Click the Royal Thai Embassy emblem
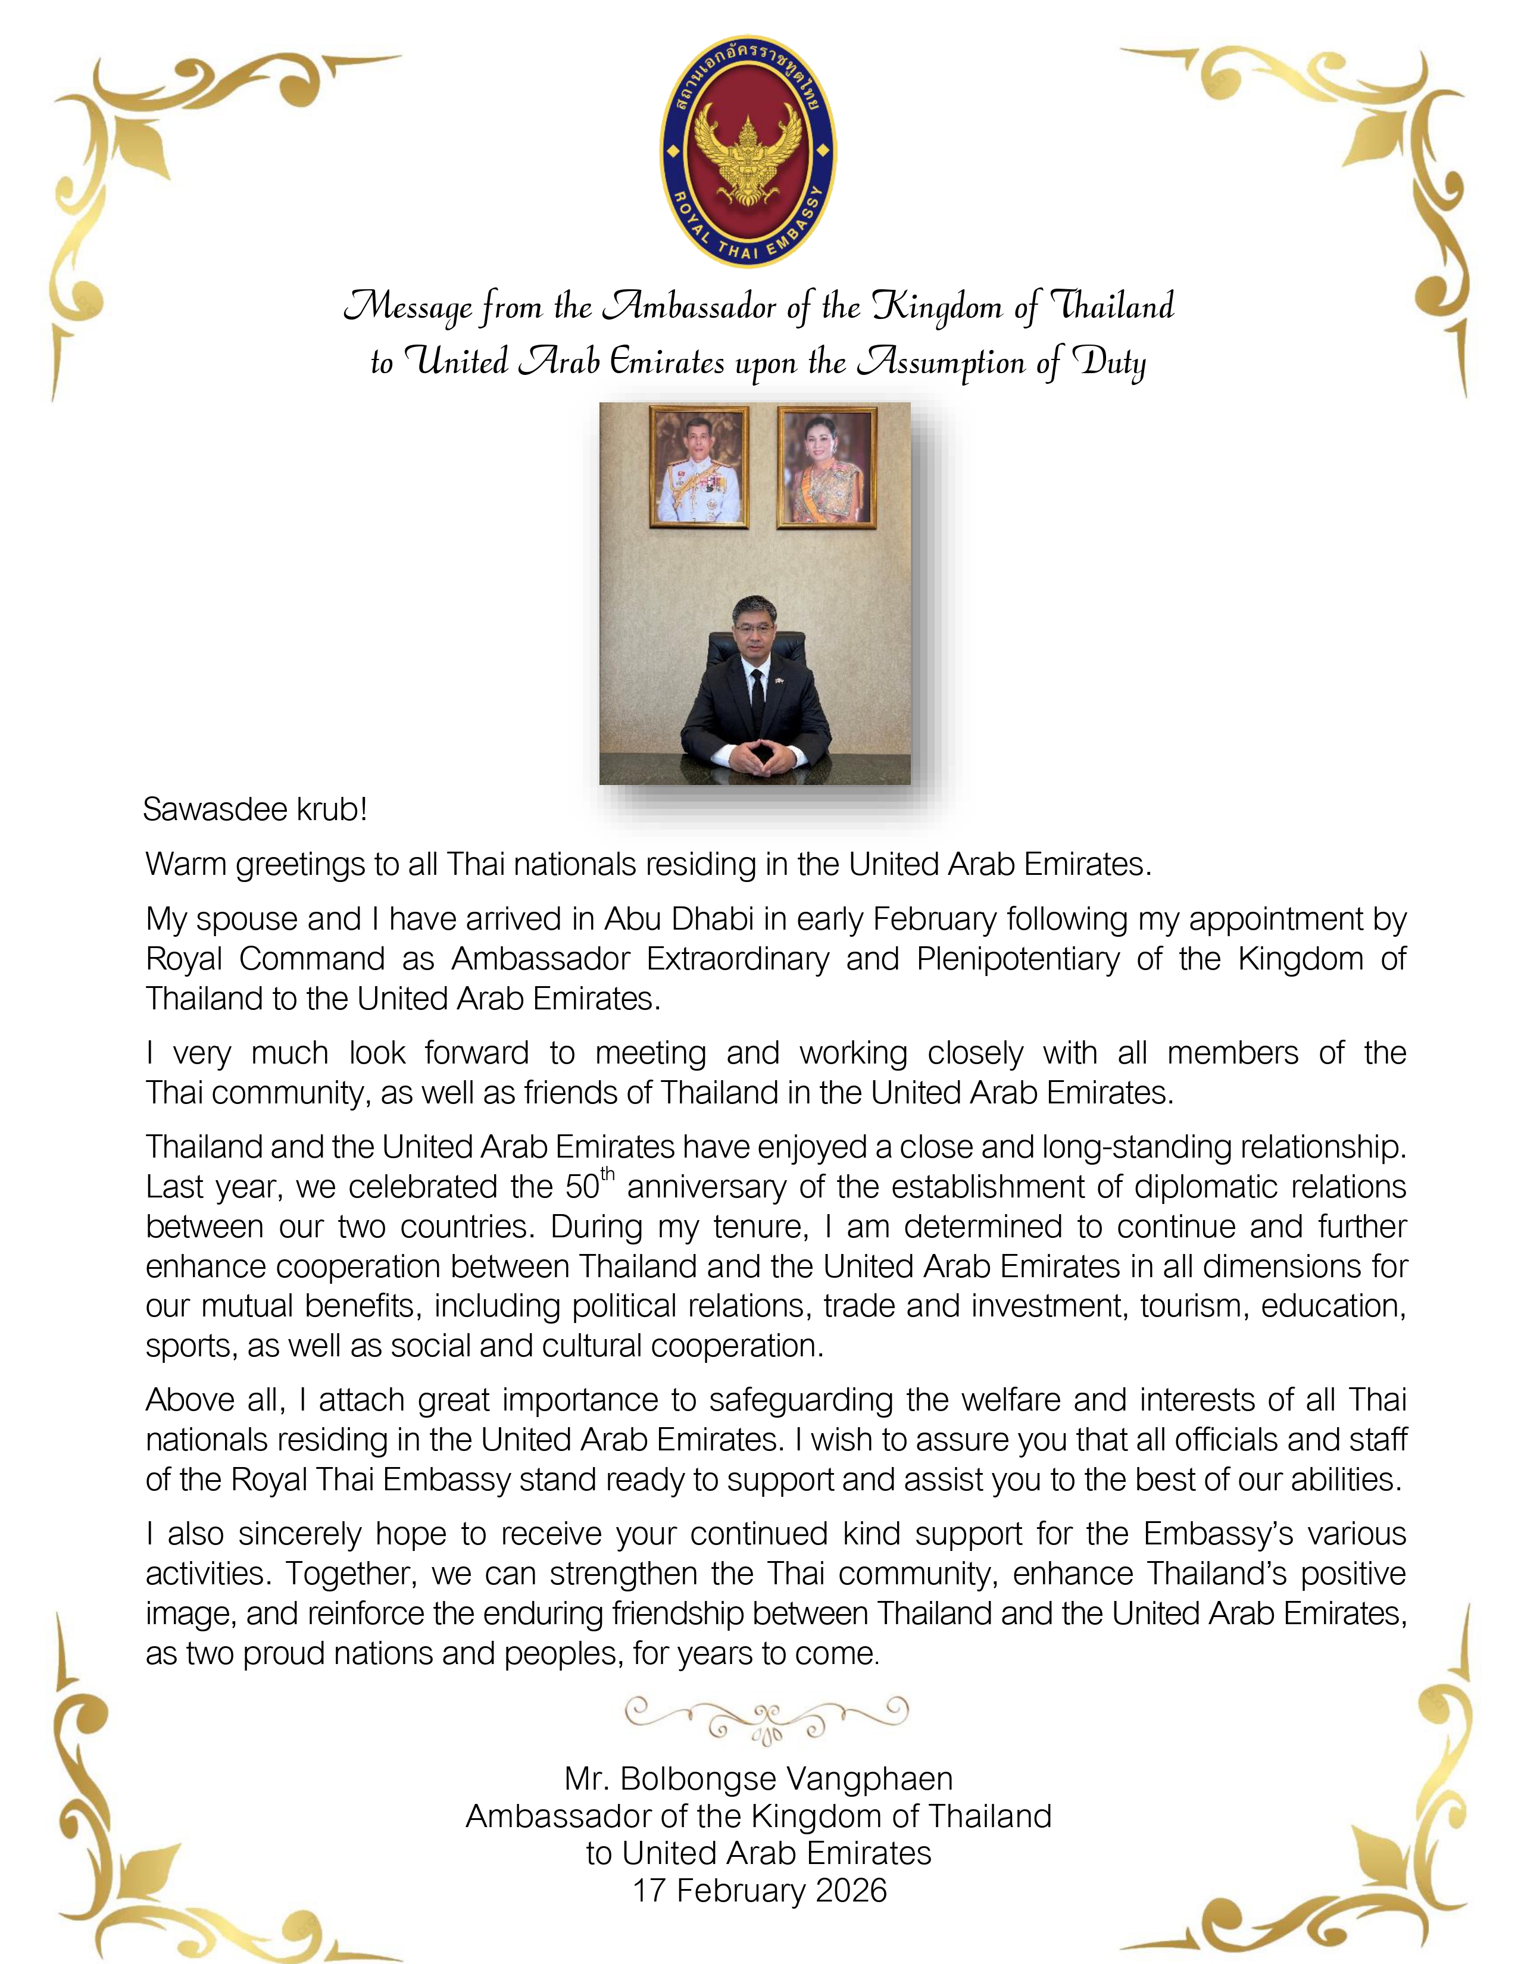[x=748, y=151]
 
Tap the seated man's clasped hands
[x=755, y=755]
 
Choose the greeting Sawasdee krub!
[x=255, y=809]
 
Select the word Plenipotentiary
[x=1018, y=959]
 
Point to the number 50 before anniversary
[x=582, y=1187]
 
